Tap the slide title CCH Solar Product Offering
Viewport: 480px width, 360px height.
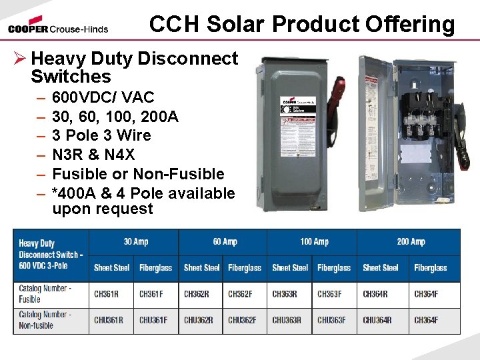pyautogui.click(x=302, y=24)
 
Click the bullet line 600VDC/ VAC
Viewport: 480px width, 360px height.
pyautogui.click(x=103, y=99)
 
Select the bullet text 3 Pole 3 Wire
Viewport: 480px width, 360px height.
pyautogui.click(x=101, y=135)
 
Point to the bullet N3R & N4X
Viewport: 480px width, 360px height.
pyautogui.click(x=93, y=155)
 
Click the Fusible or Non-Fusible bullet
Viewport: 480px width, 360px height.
pyautogui.click(x=138, y=174)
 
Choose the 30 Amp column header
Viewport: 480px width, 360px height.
pyautogui.click(x=136, y=242)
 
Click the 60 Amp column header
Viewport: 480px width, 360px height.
pyautogui.click(x=225, y=242)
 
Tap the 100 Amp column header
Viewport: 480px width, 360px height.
pyautogui.click(x=314, y=242)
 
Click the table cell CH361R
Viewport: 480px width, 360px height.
pyautogui.click(x=107, y=294)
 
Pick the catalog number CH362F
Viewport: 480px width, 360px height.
pyautogui.click(x=242, y=294)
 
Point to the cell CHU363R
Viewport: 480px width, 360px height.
pyautogui.click(x=287, y=320)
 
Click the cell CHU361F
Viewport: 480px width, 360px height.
pyautogui.click(x=153, y=320)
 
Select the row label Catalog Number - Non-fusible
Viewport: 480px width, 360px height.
pyautogui.click(x=43, y=320)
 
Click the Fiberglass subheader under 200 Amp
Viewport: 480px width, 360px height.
pyautogui.click(x=430, y=268)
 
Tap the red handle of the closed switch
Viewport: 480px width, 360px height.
pyautogui.click(x=339, y=95)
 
